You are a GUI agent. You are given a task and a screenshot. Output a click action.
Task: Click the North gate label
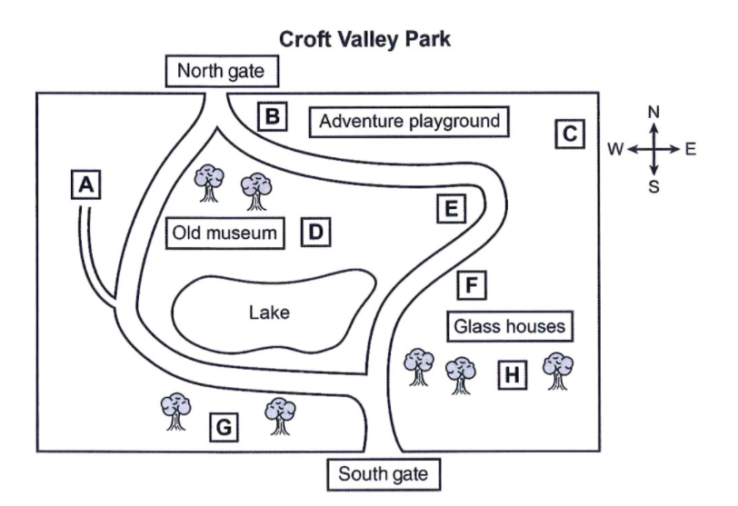tap(222, 71)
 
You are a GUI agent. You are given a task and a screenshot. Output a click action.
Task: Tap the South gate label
tap(384, 474)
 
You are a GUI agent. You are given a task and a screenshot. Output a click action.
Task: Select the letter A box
tap(85, 184)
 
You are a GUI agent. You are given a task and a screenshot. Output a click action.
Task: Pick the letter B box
tap(273, 116)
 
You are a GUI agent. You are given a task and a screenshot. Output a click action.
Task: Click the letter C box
tap(570, 134)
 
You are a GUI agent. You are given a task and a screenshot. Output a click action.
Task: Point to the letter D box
tap(315, 232)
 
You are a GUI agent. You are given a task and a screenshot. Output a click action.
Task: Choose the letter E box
tap(452, 208)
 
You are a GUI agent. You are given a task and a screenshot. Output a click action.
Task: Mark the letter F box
tap(472, 285)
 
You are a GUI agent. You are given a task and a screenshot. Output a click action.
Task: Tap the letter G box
tap(224, 428)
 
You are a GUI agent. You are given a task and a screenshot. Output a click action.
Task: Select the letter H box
tap(513, 375)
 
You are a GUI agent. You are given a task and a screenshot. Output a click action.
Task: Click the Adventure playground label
tap(410, 122)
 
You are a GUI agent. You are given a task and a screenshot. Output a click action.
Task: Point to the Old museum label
tap(225, 233)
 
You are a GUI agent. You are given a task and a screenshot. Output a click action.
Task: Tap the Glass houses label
tap(510, 326)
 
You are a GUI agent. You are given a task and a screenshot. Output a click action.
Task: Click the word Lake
tap(269, 313)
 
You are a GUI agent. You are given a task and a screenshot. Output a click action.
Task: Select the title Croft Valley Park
tap(364, 39)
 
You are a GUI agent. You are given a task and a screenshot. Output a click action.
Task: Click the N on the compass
tap(653, 113)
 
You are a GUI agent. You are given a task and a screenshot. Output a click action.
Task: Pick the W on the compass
tap(615, 149)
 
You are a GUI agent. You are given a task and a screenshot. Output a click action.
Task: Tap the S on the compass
tap(653, 187)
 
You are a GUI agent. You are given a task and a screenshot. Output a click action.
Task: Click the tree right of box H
tap(558, 371)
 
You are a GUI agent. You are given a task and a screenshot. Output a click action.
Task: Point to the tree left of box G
tap(176, 412)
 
